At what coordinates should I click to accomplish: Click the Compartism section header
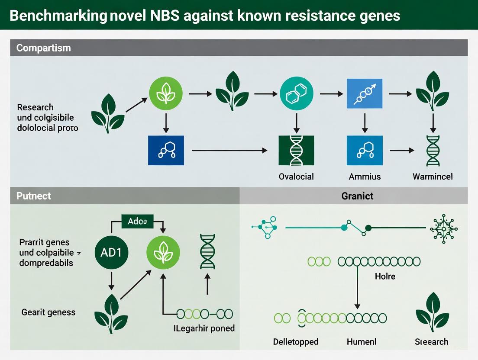pos(43,48)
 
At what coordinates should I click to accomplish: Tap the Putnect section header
pos(33,196)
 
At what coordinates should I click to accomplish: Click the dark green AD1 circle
pos(111,252)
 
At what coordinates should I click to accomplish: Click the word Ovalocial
pos(296,176)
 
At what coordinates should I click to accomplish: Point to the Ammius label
pos(365,176)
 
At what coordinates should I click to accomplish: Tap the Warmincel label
pos(433,176)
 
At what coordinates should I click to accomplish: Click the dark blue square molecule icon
pos(165,150)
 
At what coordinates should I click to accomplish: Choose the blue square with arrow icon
pos(365,93)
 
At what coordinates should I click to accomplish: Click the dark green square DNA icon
pos(297,150)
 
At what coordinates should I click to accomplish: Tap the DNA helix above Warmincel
pos(433,151)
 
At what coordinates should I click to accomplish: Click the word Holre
pos(384,276)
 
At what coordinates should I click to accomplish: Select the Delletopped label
pos(296,341)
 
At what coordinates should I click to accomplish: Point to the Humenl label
pos(362,341)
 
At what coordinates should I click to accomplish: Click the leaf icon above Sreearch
pos(431,312)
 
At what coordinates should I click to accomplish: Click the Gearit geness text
pos(48,312)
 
